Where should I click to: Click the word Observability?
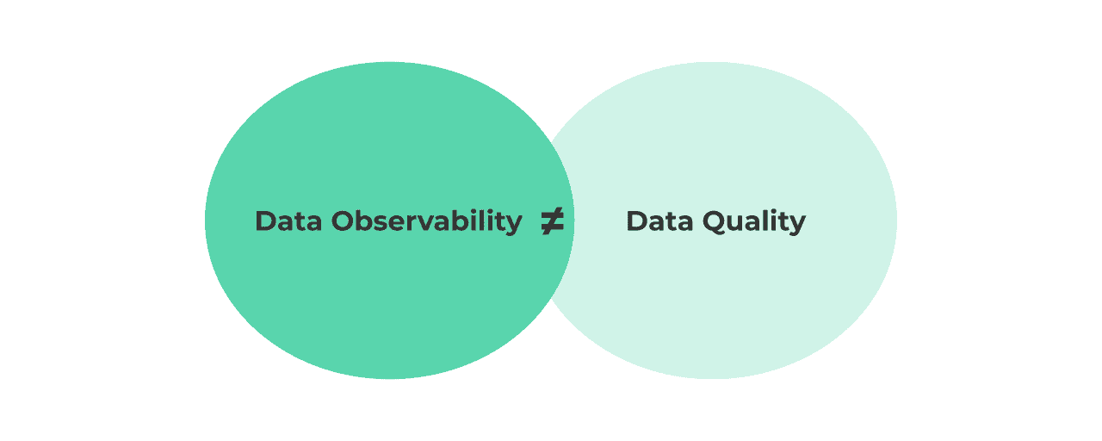[x=427, y=221]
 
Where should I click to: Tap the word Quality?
[x=754, y=221]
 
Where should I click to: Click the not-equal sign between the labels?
[x=552, y=222]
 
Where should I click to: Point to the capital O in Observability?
[x=344, y=221]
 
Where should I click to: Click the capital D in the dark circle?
[x=265, y=221]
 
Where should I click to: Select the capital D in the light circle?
[x=636, y=221]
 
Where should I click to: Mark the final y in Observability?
[x=514, y=224]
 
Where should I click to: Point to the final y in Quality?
[x=798, y=224]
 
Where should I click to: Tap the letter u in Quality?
[x=737, y=223]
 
